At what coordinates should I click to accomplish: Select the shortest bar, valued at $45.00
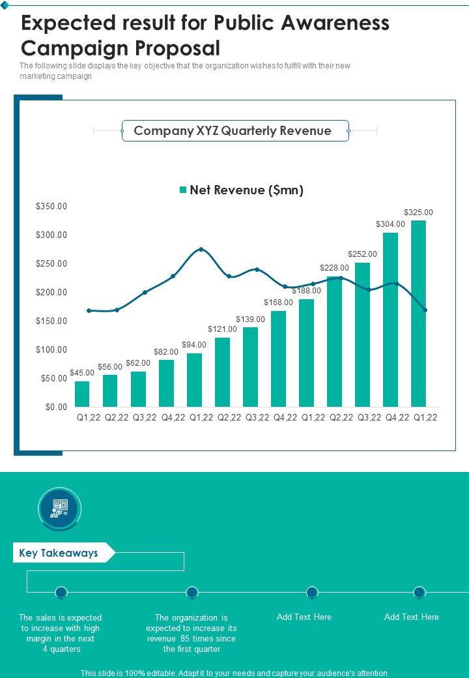pyautogui.click(x=82, y=394)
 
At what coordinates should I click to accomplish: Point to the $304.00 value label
pyautogui.click(x=390, y=224)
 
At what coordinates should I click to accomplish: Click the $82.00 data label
pyautogui.click(x=166, y=352)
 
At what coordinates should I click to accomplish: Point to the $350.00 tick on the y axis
pyautogui.click(x=51, y=207)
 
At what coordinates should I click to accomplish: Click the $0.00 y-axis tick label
pyautogui.click(x=57, y=407)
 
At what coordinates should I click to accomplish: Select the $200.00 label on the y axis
pyautogui.click(x=51, y=293)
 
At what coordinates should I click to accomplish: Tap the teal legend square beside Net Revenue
pyautogui.click(x=183, y=190)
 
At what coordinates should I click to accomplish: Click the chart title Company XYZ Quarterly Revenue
pyautogui.click(x=233, y=131)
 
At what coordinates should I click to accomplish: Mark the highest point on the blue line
pyautogui.click(x=201, y=249)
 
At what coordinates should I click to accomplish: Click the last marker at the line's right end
pyautogui.click(x=425, y=310)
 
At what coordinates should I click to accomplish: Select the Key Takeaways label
pyautogui.click(x=59, y=553)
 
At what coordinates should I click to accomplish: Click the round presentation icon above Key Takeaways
pyautogui.click(x=60, y=508)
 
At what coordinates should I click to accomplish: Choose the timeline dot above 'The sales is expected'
pyautogui.click(x=61, y=592)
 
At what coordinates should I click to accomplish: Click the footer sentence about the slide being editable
pyautogui.click(x=234, y=673)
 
